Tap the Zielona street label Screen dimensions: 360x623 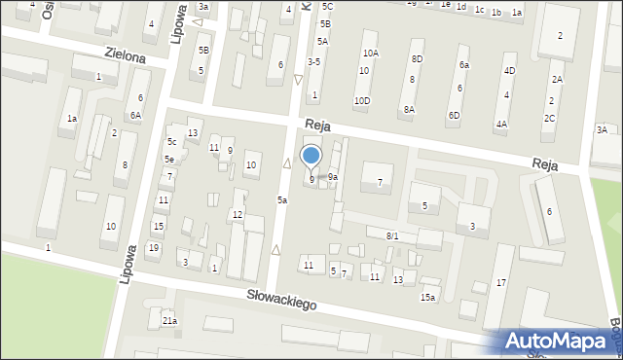click(x=127, y=57)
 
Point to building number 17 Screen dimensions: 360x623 click(x=501, y=282)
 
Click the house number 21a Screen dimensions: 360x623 click(x=170, y=320)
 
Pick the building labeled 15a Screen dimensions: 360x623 click(x=427, y=297)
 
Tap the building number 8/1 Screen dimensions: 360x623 click(x=392, y=236)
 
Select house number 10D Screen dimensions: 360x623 click(x=362, y=100)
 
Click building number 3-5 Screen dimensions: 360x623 click(x=313, y=62)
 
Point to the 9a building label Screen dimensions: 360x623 click(x=333, y=177)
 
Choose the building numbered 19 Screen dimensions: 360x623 click(x=154, y=248)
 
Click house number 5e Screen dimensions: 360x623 click(x=169, y=159)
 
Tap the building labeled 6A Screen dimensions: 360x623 click(x=136, y=115)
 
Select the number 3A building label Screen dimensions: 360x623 click(x=602, y=129)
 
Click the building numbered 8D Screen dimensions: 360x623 click(x=417, y=59)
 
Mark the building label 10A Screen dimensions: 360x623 click(x=370, y=54)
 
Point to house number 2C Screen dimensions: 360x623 click(x=550, y=119)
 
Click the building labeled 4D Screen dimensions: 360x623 click(x=509, y=71)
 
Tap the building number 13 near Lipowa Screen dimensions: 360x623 click(x=194, y=132)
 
